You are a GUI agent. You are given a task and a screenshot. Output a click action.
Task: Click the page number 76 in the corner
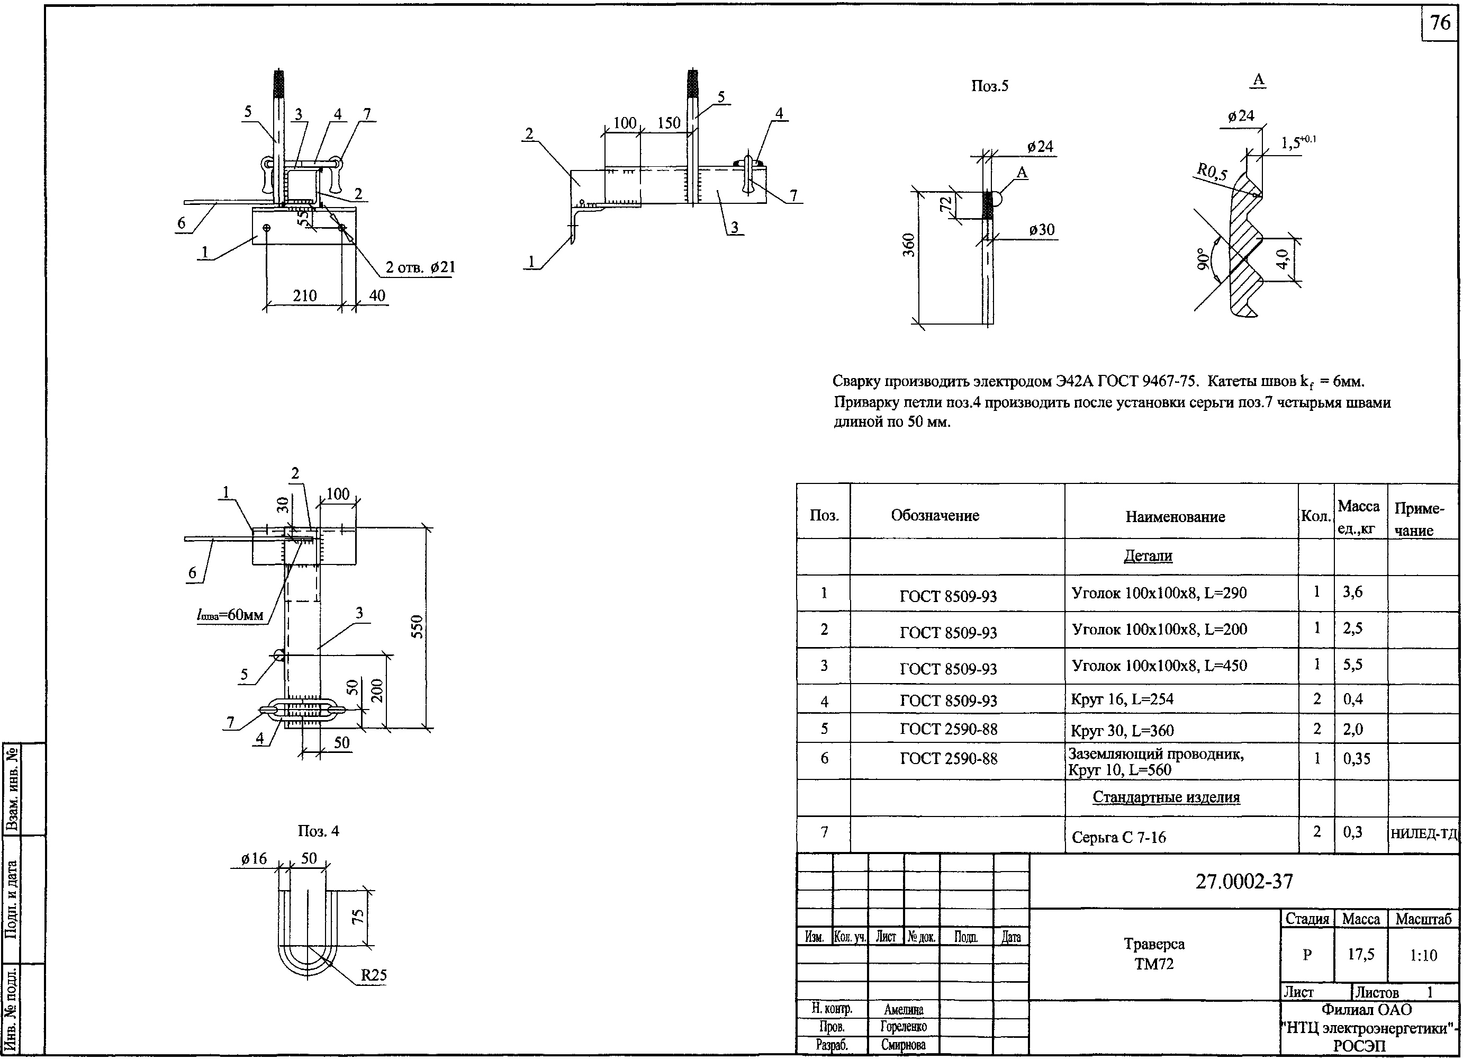point(1440,23)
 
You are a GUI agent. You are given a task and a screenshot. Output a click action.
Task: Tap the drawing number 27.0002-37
point(1244,882)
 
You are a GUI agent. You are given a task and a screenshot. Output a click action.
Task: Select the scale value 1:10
point(1423,955)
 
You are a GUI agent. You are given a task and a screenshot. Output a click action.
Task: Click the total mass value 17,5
point(1360,954)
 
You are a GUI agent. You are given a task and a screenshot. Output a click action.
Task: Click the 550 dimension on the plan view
point(417,626)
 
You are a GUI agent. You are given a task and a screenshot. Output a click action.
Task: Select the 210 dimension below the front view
point(304,295)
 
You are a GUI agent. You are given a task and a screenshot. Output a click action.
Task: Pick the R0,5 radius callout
point(1212,171)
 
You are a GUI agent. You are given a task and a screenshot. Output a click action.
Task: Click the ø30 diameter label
point(1041,230)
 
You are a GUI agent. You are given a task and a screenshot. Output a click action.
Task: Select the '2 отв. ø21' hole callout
point(420,266)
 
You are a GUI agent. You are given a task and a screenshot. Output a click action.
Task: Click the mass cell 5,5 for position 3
point(1353,665)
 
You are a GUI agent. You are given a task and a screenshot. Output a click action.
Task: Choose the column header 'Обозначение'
point(935,515)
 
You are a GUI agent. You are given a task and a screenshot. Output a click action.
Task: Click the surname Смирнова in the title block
point(903,1045)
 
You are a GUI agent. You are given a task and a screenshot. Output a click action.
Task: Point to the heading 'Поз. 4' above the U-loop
point(318,831)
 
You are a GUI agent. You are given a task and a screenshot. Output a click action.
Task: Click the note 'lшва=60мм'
point(230,615)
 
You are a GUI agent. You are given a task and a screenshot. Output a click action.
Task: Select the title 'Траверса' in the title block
point(1153,944)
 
